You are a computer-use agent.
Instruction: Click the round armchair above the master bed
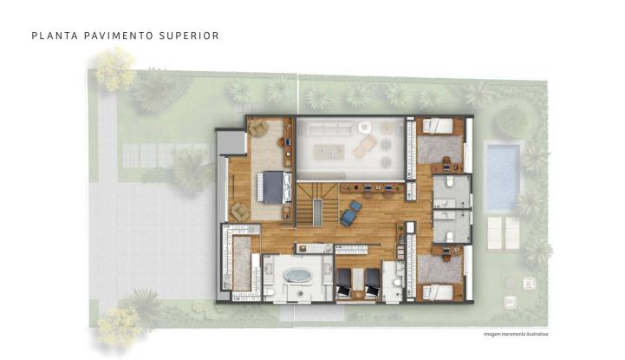point(258,129)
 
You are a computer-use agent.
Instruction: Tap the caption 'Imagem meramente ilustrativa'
point(516,334)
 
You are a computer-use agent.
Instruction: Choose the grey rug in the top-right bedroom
point(439,149)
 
